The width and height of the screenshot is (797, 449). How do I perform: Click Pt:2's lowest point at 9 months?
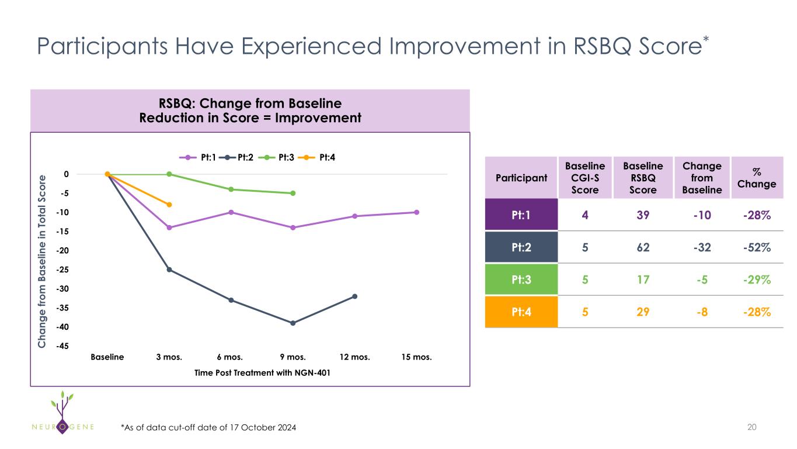coord(293,323)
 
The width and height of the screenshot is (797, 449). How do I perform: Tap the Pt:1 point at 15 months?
coord(416,212)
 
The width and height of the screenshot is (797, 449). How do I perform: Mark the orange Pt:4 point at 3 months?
coord(169,205)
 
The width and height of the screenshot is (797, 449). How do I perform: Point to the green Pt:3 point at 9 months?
coord(293,193)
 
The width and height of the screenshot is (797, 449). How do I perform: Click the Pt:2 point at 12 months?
coord(354,296)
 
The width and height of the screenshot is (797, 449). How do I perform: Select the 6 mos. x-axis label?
coord(231,357)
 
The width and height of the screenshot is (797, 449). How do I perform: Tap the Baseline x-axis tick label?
coord(107,357)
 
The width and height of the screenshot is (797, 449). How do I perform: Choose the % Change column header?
coord(756,178)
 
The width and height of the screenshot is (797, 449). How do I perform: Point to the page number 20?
coord(752,427)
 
